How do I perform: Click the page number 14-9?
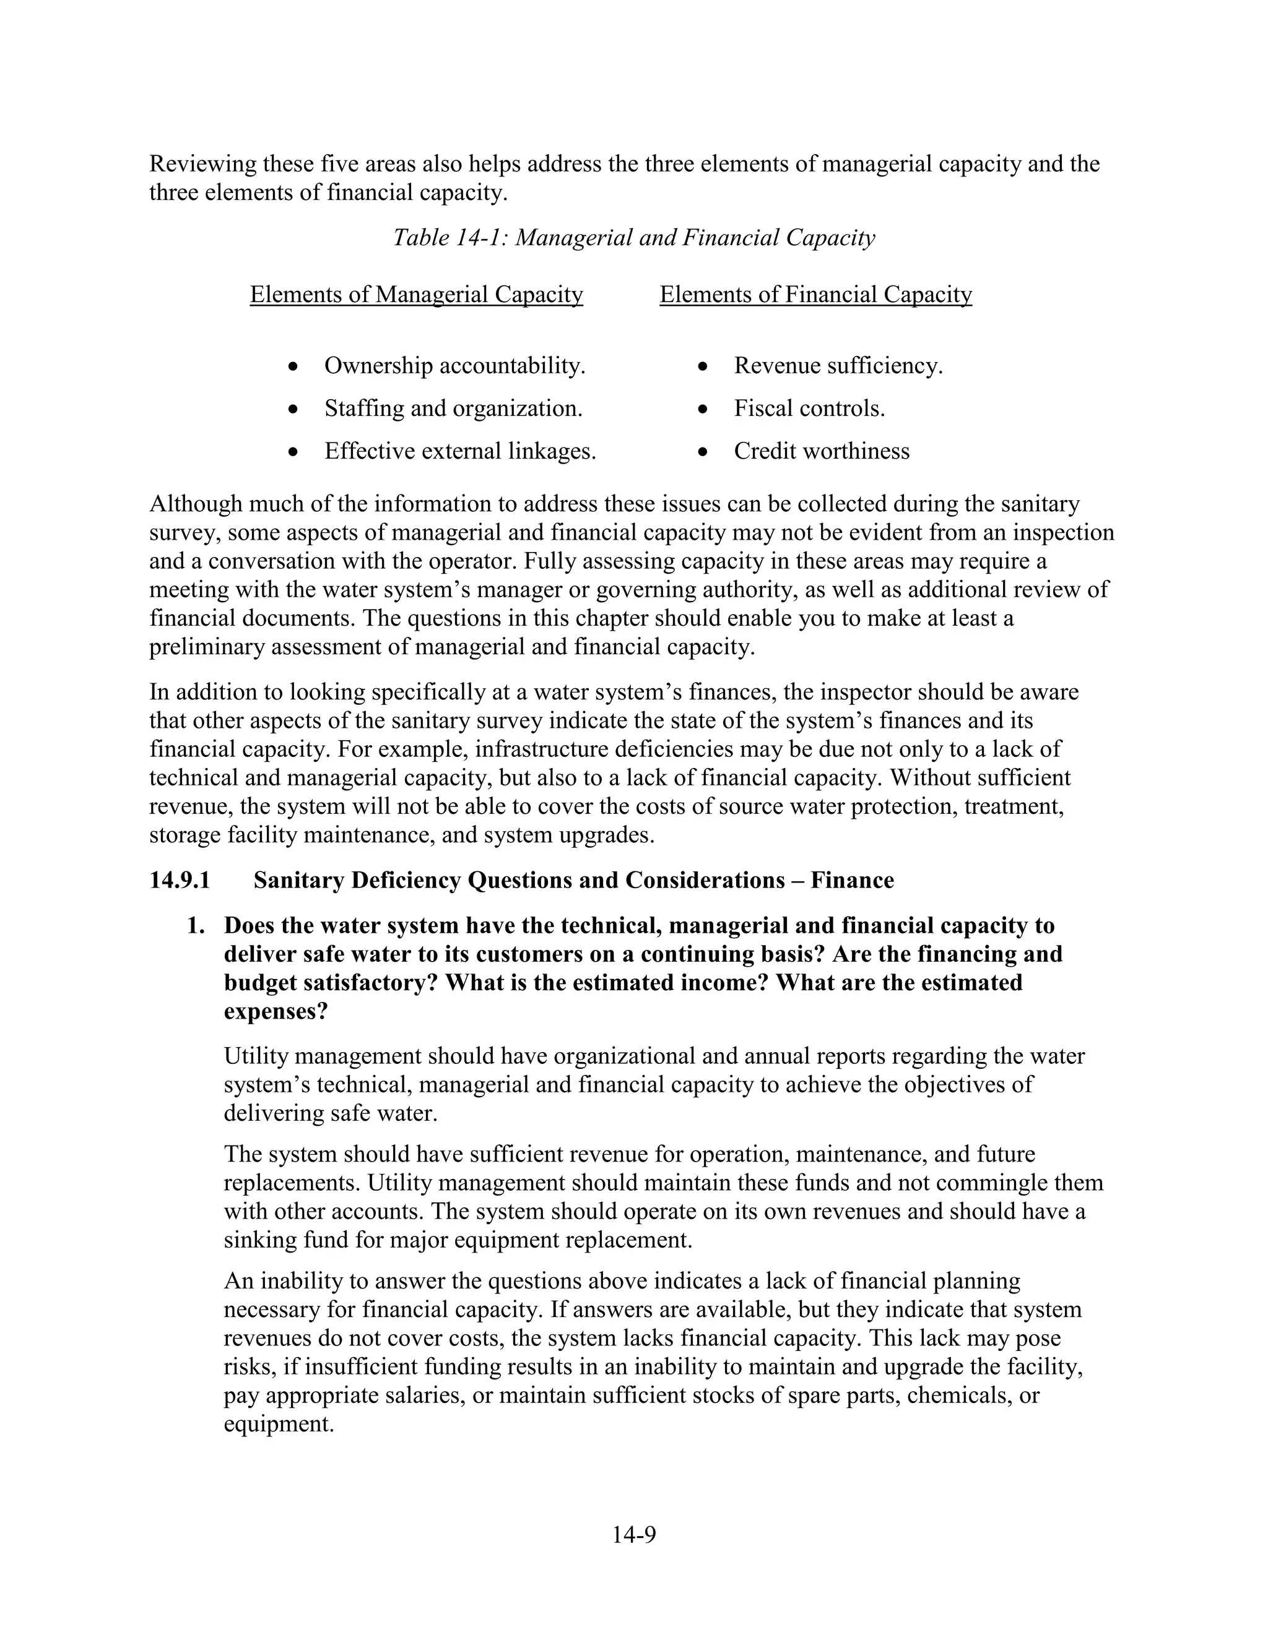tap(633, 1535)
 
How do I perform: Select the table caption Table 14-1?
tap(634, 238)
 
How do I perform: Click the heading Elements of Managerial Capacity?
tap(416, 295)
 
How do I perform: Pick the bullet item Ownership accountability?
tap(454, 366)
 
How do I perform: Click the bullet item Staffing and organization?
tap(453, 408)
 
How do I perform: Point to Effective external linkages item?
tap(460, 451)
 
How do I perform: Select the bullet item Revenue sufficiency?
tap(838, 366)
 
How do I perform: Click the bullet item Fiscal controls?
tap(809, 408)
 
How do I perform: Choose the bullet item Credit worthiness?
tap(821, 451)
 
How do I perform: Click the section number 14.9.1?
tap(180, 880)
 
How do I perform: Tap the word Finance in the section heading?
tap(852, 880)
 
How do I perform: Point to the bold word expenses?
tap(276, 1011)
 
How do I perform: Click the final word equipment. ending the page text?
tap(278, 1425)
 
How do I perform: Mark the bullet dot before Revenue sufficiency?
tap(702, 366)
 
